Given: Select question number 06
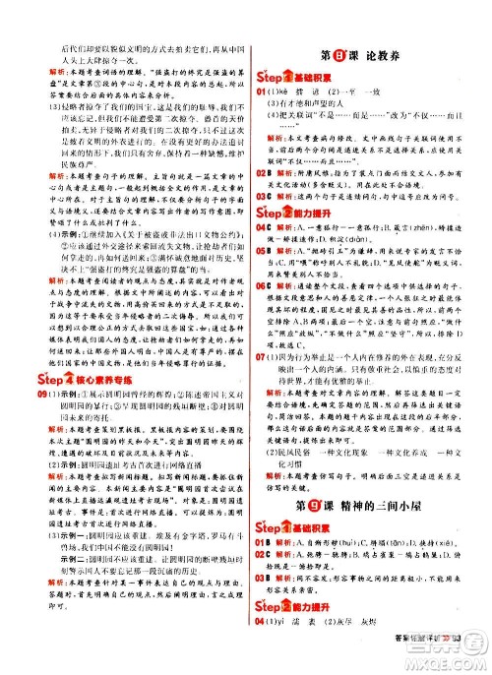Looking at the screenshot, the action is [263, 313].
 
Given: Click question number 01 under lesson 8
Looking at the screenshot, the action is [263, 91].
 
